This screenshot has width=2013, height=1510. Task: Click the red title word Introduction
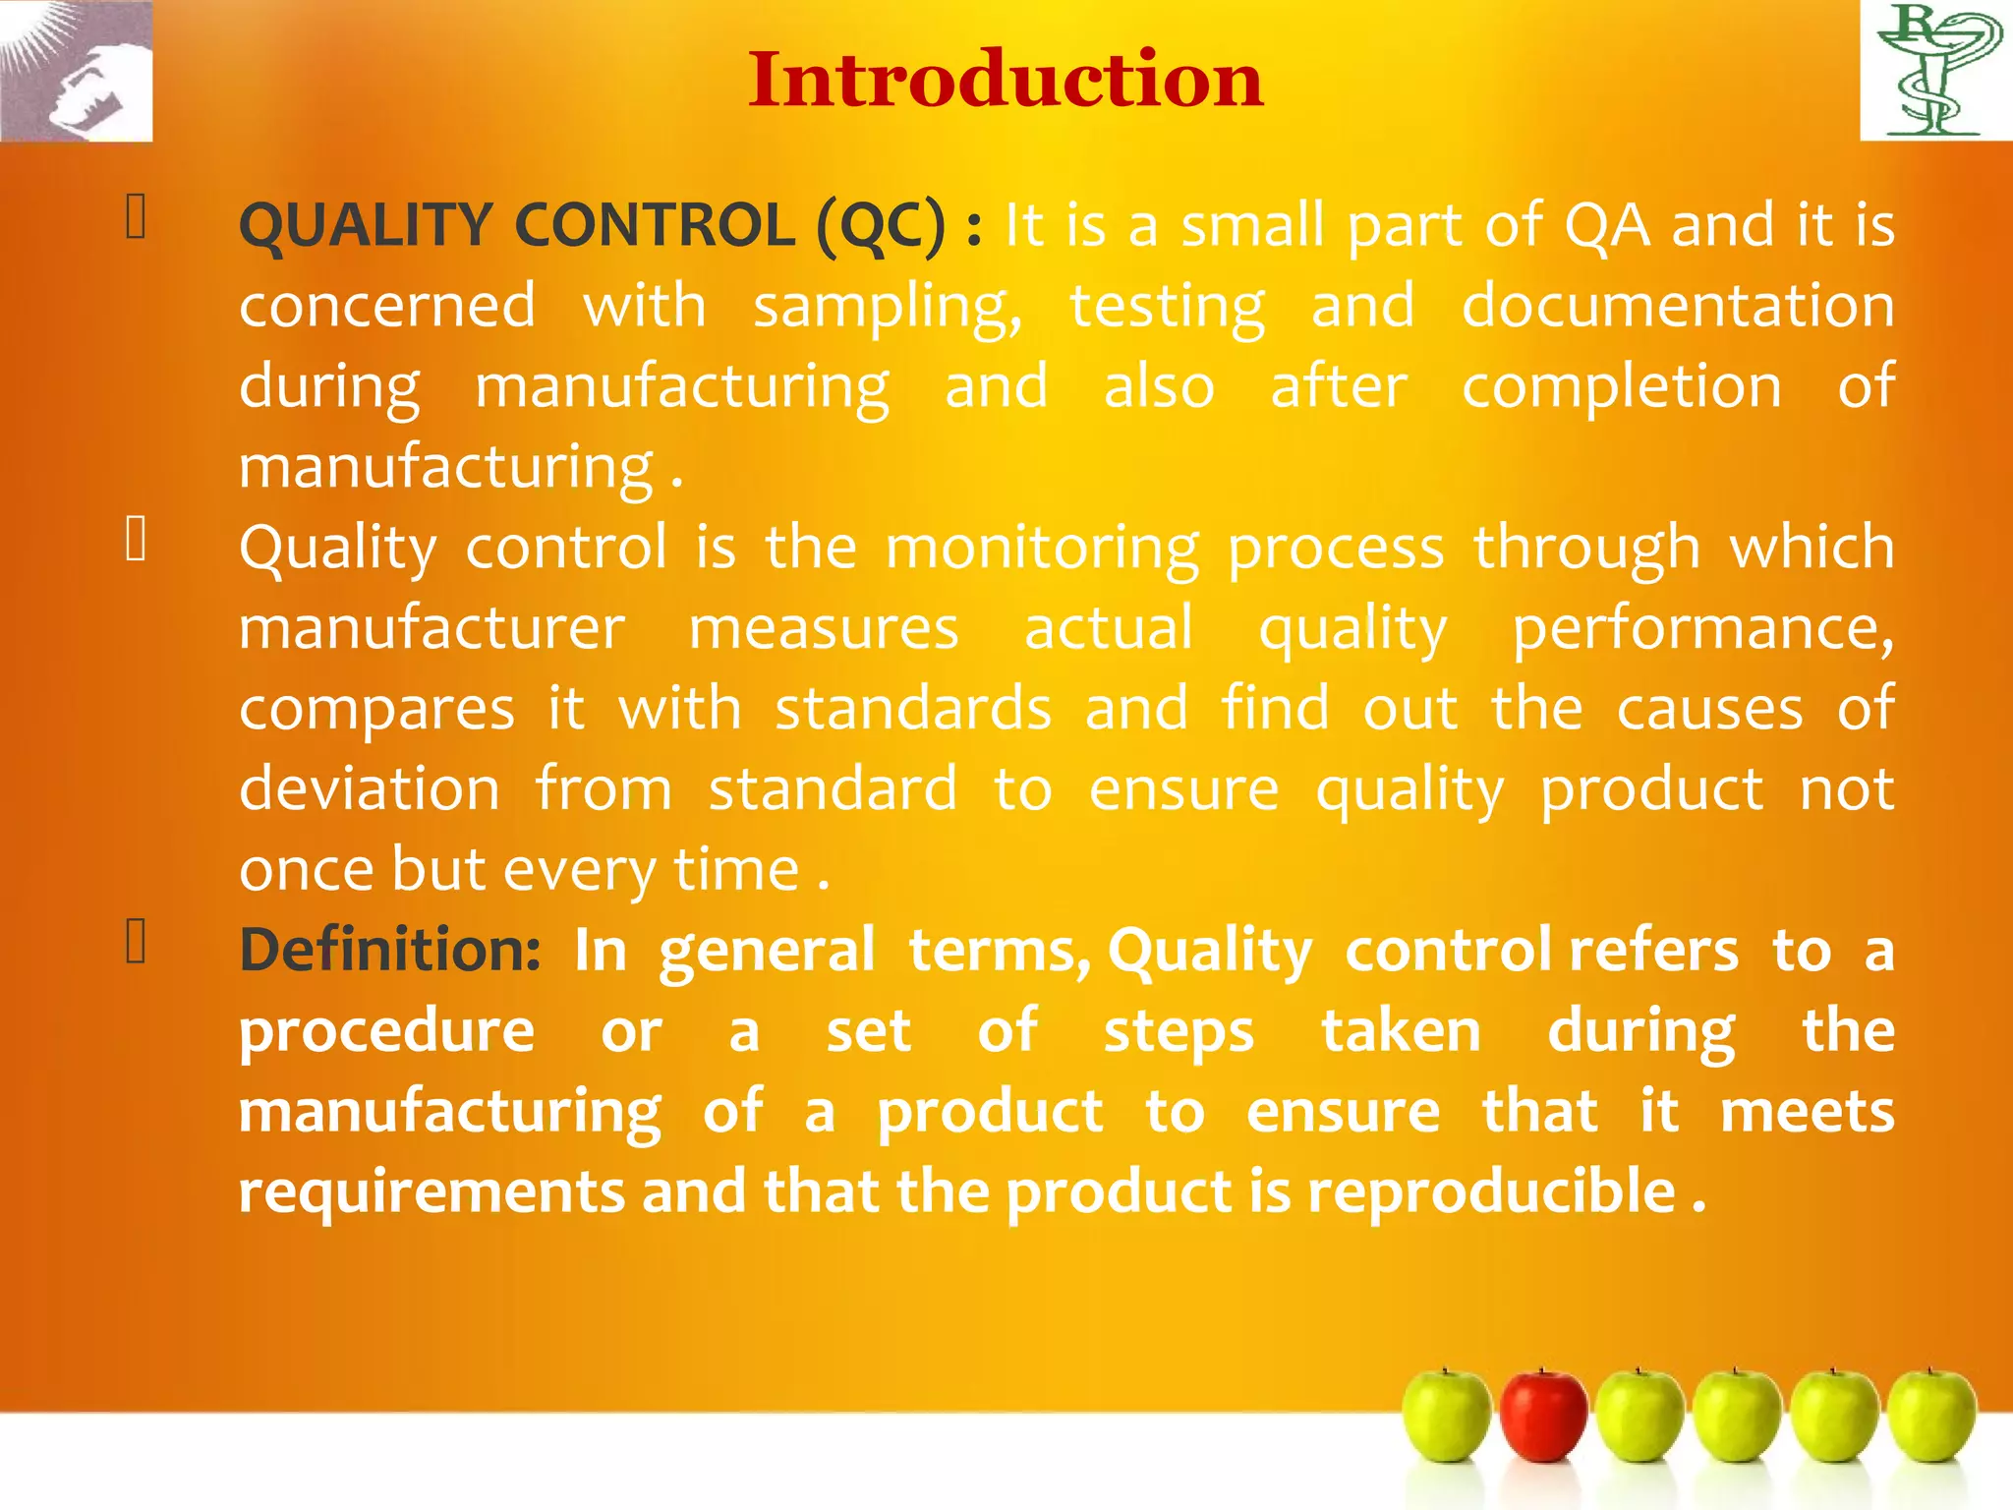click(1005, 80)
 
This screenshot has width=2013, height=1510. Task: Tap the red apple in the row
click(1543, 1416)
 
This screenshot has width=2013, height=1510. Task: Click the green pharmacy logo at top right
click(1935, 70)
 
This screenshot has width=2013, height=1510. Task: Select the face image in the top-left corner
click(77, 71)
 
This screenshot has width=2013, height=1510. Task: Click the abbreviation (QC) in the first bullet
click(881, 226)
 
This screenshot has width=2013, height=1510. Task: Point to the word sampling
click(888, 307)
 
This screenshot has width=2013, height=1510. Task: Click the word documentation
click(1678, 306)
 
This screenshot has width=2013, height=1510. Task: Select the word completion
click(1621, 386)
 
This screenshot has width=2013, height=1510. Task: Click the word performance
click(1702, 629)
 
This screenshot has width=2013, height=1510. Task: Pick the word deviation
click(370, 789)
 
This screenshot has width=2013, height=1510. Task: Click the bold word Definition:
click(390, 951)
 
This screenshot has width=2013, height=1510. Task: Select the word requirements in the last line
click(431, 1192)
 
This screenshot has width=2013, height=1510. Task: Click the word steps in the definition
click(1179, 1032)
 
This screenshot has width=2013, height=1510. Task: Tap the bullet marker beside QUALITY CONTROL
click(137, 217)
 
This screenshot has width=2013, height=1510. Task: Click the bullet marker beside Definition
click(137, 942)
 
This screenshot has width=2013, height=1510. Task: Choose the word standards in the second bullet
click(913, 709)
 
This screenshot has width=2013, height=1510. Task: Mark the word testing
click(1167, 307)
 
